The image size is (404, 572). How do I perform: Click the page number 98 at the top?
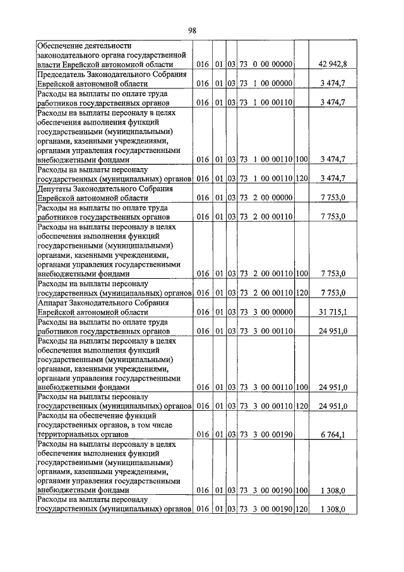pyautogui.click(x=201, y=30)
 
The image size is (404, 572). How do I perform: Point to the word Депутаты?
pyautogui.click(x=57, y=188)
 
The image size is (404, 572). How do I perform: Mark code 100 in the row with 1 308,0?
pyautogui.click(x=301, y=490)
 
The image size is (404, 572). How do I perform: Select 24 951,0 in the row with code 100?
pyautogui.click(x=333, y=387)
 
